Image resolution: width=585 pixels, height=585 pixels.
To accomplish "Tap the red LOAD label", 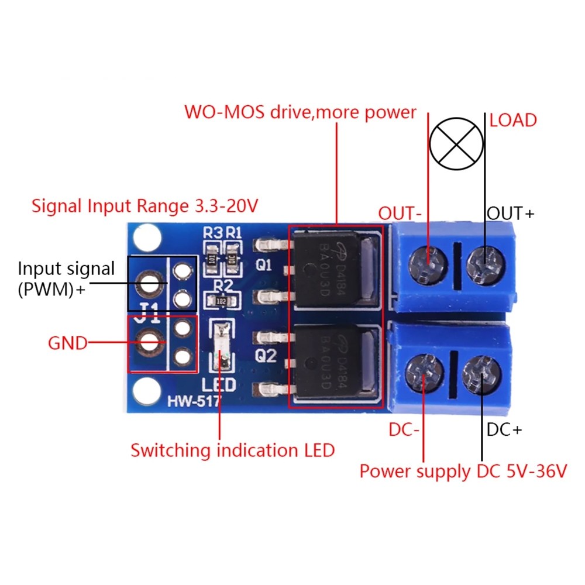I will click(x=513, y=121).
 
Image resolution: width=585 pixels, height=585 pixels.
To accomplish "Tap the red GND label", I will click(x=67, y=343).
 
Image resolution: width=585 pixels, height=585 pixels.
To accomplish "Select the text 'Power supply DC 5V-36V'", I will click(x=463, y=471).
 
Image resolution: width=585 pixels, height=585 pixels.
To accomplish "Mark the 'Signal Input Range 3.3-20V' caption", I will click(x=145, y=206).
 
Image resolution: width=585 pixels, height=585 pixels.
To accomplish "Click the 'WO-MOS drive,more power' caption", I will click(x=300, y=112).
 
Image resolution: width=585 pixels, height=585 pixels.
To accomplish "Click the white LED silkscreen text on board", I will click(x=219, y=385).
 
